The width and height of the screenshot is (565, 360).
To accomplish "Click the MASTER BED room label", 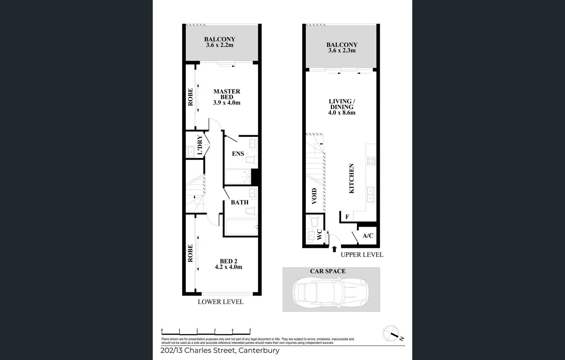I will pyautogui.click(x=227, y=94).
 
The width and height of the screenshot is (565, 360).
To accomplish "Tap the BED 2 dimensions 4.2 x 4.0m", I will pyautogui.click(x=228, y=267).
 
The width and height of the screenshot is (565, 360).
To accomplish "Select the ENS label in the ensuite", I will pyautogui.click(x=238, y=154).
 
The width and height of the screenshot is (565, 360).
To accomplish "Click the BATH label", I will pyautogui.click(x=239, y=202).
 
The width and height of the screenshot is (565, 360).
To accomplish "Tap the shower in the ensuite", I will pyautogui.click(x=238, y=177).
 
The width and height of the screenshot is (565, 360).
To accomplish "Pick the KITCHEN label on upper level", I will pyautogui.click(x=352, y=178).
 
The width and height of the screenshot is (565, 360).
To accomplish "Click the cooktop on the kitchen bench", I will pyautogui.click(x=371, y=161).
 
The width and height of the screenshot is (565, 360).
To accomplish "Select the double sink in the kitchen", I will pyautogui.click(x=371, y=195).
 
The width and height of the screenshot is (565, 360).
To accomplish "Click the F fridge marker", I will pyautogui.click(x=347, y=217).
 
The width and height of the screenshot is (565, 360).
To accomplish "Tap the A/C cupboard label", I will pyautogui.click(x=368, y=236).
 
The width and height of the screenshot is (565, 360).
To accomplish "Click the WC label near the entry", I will pyautogui.click(x=319, y=234).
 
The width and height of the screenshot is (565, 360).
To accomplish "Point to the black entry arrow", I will pyautogui.click(x=334, y=249).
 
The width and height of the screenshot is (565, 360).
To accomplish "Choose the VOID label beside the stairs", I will pyautogui.click(x=314, y=196).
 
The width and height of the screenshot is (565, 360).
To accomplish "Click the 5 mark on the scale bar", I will pyautogui.click(x=250, y=330).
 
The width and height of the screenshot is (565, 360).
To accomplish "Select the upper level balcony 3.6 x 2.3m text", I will pyautogui.click(x=342, y=51).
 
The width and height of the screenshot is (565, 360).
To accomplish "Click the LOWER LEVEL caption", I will pyautogui.click(x=220, y=302).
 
